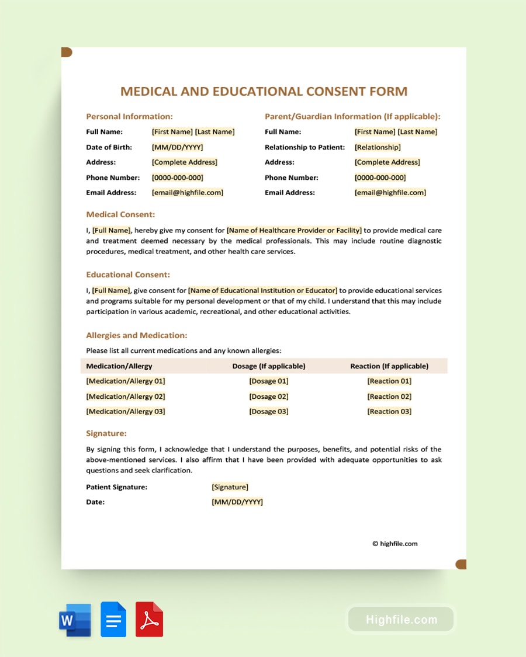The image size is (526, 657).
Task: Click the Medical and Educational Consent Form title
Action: (264, 91)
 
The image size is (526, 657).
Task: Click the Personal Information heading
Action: (129, 117)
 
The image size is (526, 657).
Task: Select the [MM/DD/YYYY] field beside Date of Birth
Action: (178, 147)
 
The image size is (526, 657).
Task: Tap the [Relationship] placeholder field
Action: (378, 147)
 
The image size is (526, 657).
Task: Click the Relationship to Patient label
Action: (304, 147)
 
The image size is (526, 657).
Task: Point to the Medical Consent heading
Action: (120, 214)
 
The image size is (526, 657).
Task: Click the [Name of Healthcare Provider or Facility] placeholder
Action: (294, 230)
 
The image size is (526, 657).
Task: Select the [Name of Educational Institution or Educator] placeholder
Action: (262, 290)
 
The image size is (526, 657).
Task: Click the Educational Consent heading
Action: (128, 274)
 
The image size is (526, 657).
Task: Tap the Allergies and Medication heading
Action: (137, 336)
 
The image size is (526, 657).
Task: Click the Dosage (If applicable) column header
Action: (269, 366)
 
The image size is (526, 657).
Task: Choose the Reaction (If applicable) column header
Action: (389, 366)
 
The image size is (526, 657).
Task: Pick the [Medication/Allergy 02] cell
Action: (126, 397)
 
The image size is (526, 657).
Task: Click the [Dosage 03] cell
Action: (269, 412)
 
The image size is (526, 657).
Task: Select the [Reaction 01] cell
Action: (389, 381)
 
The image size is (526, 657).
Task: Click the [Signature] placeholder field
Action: (230, 487)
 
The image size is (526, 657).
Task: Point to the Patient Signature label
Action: (116, 487)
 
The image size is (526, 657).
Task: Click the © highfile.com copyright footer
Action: (395, 544)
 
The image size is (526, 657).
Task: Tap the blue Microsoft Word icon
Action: (75, 620)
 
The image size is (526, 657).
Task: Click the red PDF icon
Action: (150, 620)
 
